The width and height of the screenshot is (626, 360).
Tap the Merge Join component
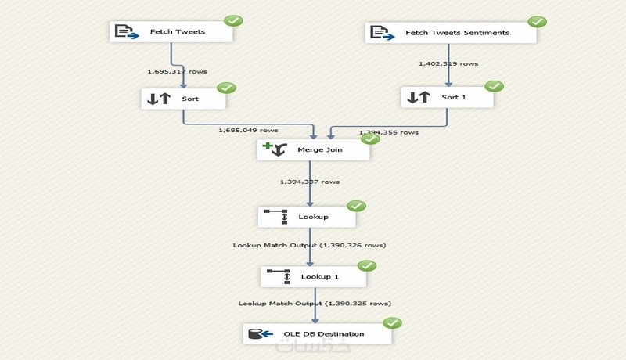313,149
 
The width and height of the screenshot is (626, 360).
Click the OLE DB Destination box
316,333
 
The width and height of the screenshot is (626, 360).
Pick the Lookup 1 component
314,275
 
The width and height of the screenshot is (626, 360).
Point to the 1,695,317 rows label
177,71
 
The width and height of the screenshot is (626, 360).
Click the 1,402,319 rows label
448,63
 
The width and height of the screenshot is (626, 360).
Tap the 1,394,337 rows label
310,182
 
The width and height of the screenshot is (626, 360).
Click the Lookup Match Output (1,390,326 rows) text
309,245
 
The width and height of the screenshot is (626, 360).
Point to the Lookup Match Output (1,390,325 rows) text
315,303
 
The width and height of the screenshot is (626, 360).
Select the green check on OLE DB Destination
392,323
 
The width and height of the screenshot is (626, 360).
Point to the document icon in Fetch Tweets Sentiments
380,32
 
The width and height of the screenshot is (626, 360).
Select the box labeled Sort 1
448,97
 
